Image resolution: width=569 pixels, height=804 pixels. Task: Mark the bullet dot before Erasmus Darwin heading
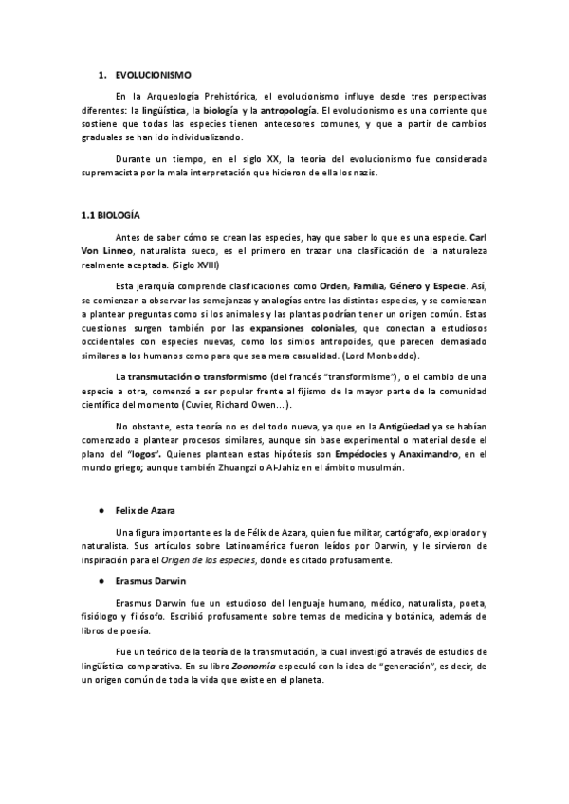[x=100, y=579]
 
